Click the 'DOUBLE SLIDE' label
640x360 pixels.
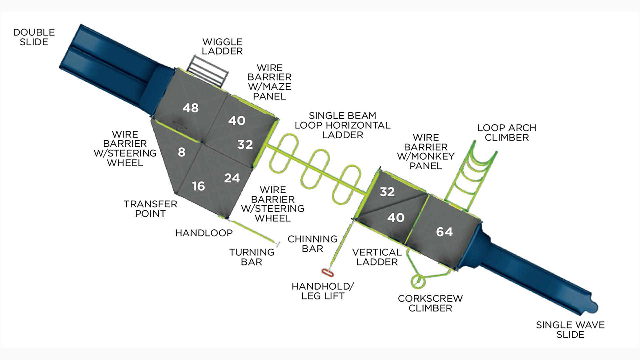coord(34,37)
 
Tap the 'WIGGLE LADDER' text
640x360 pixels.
coord(222,46)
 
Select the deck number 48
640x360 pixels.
coord(190,108)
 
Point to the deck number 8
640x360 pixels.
coord(181,152)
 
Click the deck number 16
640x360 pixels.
coord(198,186)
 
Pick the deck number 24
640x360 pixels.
coord(232,178)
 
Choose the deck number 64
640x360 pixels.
coord(444,231)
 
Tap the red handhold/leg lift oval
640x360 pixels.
coord(327,272)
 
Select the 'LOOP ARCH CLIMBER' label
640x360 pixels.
coord(506,132)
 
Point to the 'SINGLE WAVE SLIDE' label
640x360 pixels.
coord(570,330)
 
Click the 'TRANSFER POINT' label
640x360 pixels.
coord(150,209)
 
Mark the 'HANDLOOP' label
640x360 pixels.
coord(204,233)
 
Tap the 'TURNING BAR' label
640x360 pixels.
coord(252,257)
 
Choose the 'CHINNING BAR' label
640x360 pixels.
coord(312,244)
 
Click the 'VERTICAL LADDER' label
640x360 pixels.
coord(377,257)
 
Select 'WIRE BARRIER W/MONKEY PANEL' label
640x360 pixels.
coord(426,152)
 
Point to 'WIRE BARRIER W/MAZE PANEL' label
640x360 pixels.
coord(269,82)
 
